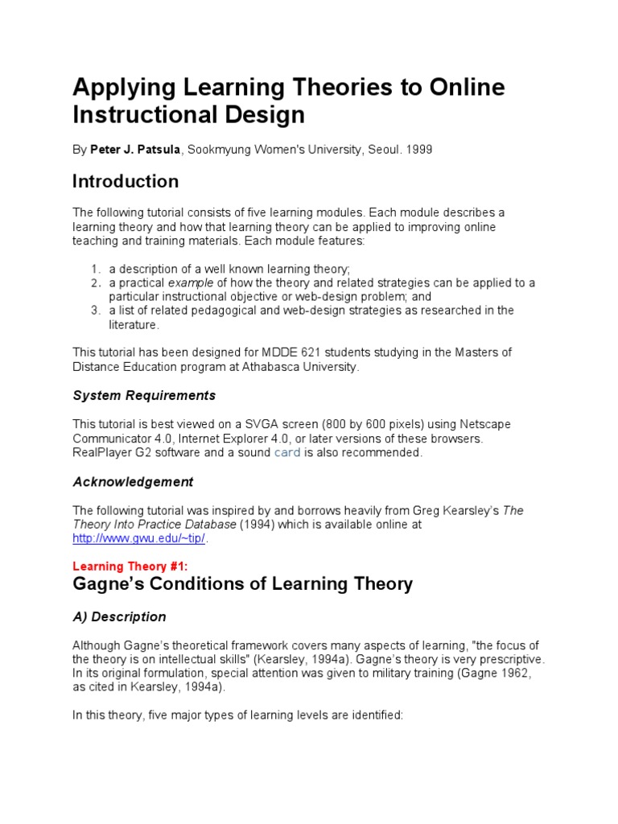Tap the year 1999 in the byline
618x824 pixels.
pos(419,150)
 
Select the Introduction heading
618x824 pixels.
pos(126,181)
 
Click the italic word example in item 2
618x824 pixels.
pos(192,283)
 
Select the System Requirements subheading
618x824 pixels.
pos(144,395)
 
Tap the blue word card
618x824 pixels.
pos(287,452)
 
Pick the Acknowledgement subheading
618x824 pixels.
pos(133,482)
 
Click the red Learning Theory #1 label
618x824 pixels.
pos(130,566)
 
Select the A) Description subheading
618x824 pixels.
pos(119,617)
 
